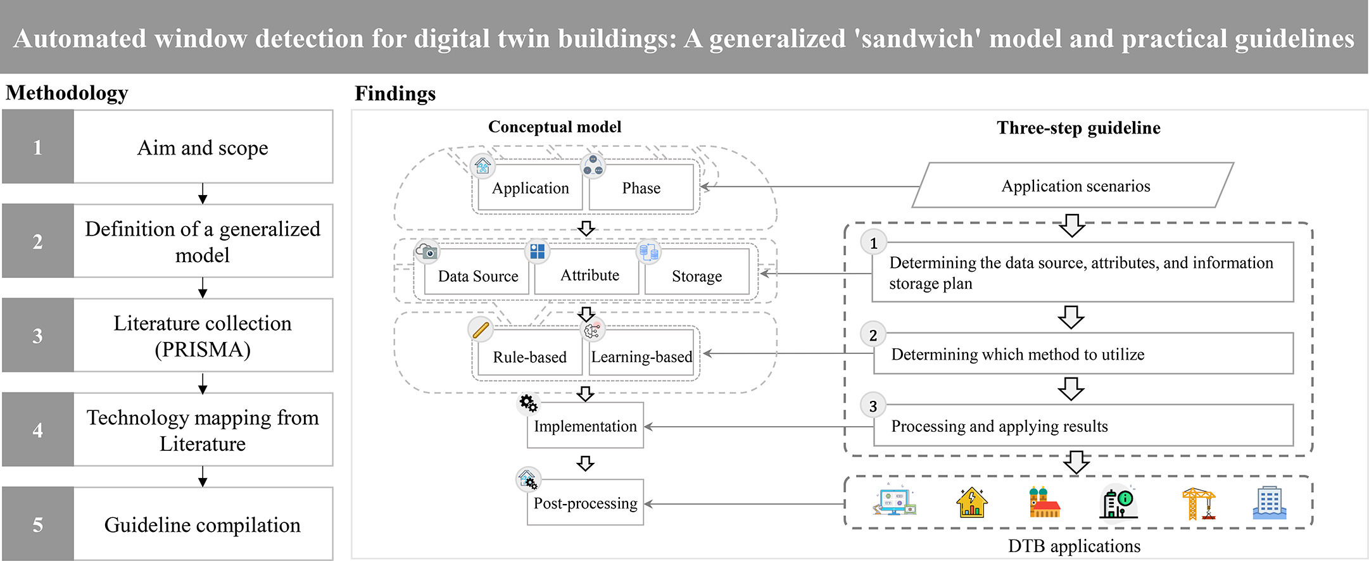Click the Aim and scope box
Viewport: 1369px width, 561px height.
(203, 148)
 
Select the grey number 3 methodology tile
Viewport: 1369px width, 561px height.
(38, 336)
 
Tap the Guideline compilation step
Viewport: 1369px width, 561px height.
(203, 524)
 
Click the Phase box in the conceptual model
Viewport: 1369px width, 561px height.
(641, 188)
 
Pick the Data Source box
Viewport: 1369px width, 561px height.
(477, 276)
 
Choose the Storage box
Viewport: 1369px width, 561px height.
(697, 276)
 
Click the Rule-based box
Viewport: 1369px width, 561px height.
(529, 357)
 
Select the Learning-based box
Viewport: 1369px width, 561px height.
(641, 357)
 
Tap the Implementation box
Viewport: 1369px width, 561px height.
(585, 426)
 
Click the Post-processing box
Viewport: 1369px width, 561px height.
(585, 503)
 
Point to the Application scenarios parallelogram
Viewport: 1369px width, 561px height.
(1075, 186)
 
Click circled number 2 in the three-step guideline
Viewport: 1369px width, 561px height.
(873, 335)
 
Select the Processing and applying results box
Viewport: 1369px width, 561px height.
(1083, 426)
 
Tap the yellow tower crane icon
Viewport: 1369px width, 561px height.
(1198, 503)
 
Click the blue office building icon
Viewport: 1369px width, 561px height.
(1269, 503)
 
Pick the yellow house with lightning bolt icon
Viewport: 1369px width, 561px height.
(971, 503)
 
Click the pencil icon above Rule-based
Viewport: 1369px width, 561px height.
(481, 329)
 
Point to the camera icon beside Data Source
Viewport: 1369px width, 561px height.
(427, 251)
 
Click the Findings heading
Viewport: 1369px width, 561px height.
(395, 94)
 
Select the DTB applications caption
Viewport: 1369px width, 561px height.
(1074, 546)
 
